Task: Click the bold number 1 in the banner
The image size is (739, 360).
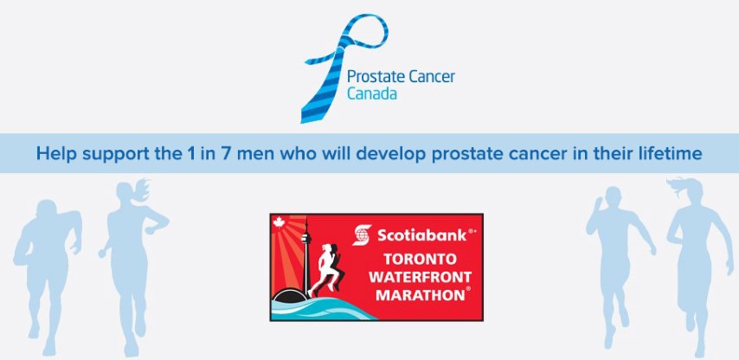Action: (190, 154)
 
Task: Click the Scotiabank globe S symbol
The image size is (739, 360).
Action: (362, 235)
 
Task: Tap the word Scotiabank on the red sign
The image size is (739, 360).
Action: (421, 235)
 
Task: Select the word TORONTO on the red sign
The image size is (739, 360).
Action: (420, 259)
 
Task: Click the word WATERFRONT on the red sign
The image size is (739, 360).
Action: (420, 277)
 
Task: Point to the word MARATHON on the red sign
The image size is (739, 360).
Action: (420, 295)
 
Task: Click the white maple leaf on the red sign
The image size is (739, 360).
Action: (279, 222)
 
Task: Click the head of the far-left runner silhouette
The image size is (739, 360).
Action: (47, 210)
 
